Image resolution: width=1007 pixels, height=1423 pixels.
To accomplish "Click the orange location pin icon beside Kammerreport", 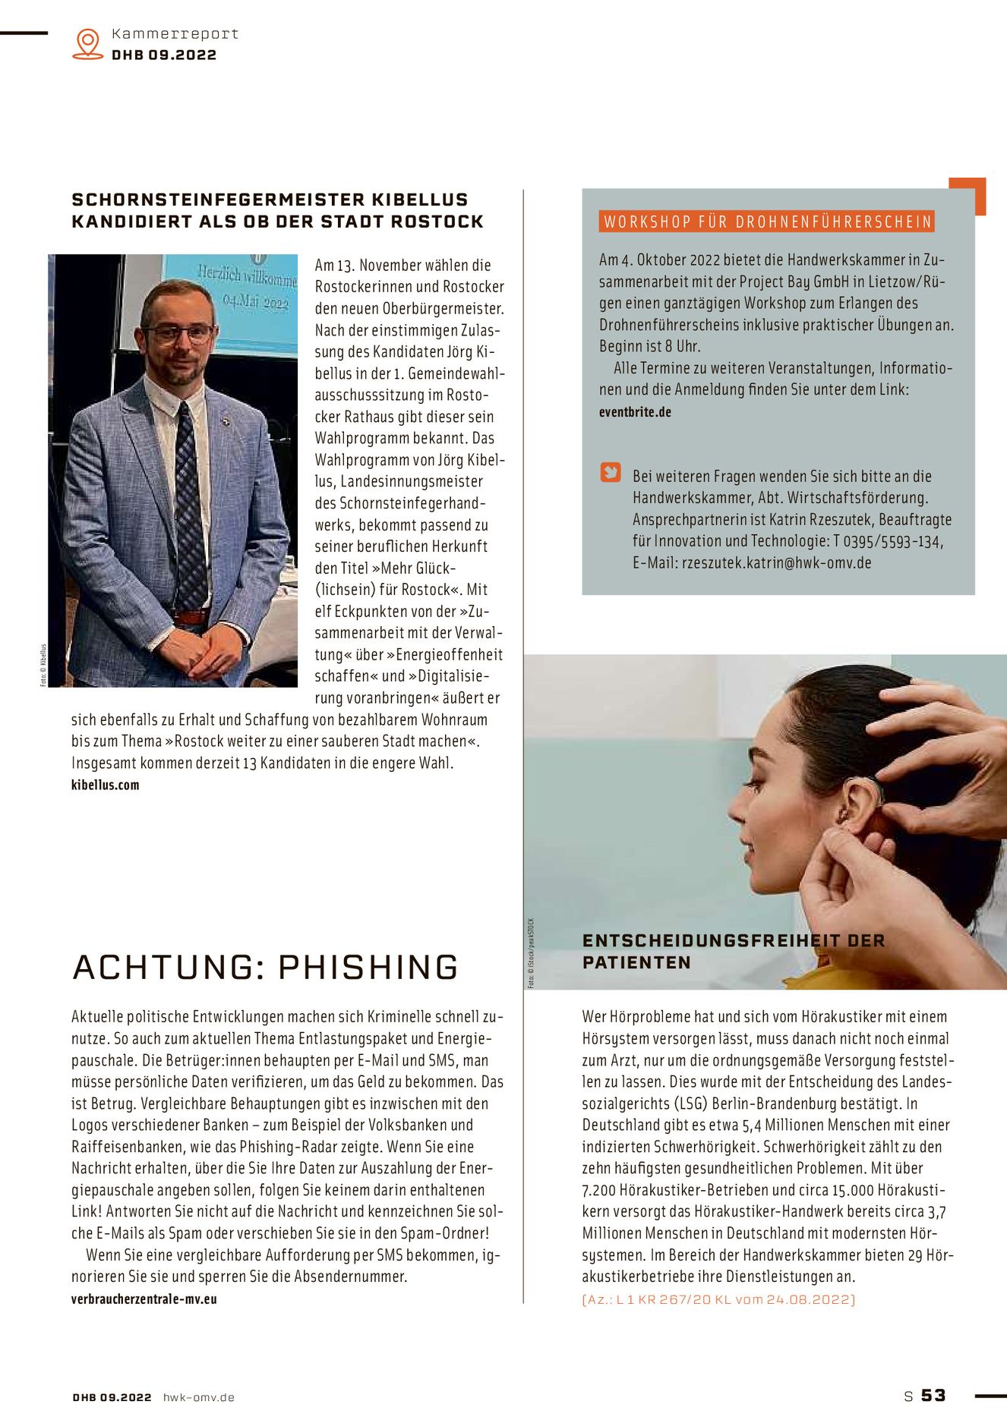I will click(88, 43).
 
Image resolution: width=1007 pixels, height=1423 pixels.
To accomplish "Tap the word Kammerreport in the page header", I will click(175, 34).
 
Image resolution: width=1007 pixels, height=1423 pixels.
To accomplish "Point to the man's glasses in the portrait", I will click(178, 333).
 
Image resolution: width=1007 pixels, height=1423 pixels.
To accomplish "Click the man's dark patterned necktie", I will click(189, 501).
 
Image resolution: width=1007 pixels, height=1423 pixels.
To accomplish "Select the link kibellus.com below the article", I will click(106, 785).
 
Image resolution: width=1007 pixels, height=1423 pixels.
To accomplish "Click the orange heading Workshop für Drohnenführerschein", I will click(767, 222).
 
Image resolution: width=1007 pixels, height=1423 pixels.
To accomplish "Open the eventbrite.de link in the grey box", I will click(635, 412).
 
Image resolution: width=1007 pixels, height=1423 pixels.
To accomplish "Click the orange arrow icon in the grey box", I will click(611, 472).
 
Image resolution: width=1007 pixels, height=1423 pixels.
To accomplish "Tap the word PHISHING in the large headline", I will click(368, 968).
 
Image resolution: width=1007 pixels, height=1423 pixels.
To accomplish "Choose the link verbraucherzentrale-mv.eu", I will click(144, 1299).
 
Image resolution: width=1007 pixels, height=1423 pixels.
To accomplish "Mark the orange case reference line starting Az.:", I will click(718, 1299).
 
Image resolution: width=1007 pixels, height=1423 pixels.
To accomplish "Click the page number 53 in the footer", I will click(933, 1396).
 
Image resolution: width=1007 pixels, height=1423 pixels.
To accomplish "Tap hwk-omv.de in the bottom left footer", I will click(199, 1397).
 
